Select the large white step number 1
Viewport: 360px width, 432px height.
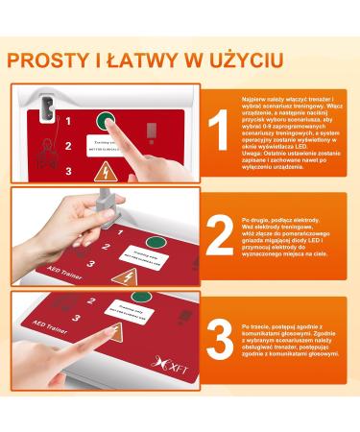(218, 132)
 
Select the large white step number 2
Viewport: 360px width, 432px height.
(219, 235)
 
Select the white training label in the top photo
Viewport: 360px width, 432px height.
(103, 144)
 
